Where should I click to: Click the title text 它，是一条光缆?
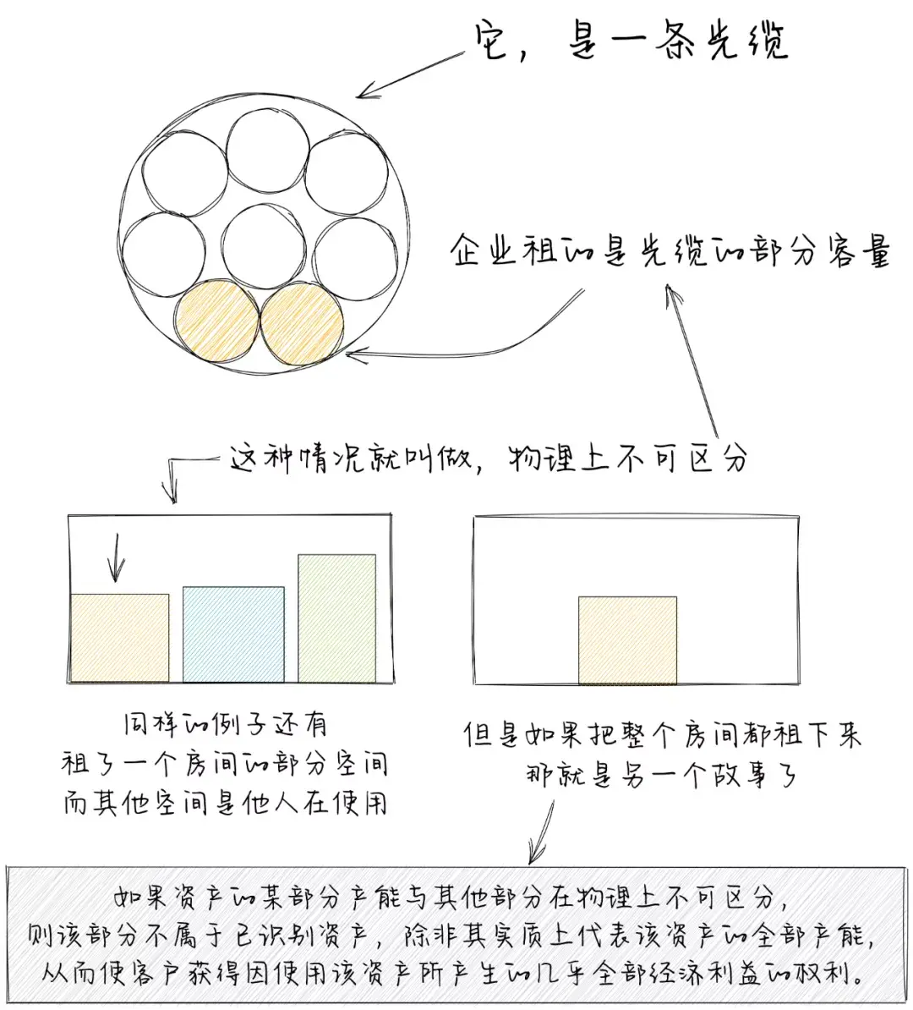[x=631, y=43]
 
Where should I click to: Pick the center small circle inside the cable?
[x=264, y=247]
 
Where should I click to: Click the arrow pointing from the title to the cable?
[x=411, y=74]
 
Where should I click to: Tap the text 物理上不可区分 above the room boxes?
[x=628, y=458]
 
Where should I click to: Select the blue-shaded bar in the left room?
[x=233, y=634]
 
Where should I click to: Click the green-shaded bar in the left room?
[x=336, y=618]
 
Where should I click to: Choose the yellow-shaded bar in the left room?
[x=120, y=638]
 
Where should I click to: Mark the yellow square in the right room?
[x=628, y=640]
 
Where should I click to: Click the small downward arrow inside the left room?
[x=117, y=557]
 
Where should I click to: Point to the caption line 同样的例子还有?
[x=226, y=725]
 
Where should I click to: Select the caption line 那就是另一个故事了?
[x=662, y=775]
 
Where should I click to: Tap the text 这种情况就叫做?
[x=352, y=458]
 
